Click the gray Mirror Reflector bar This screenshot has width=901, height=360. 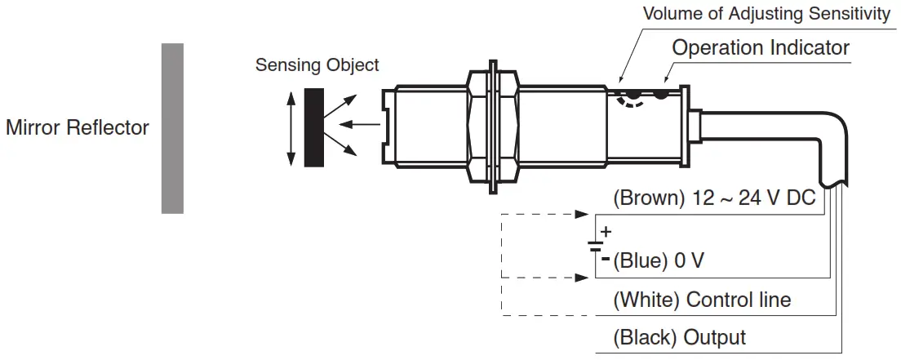(x=172, y=128)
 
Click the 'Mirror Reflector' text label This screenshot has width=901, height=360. (x=78, y=128)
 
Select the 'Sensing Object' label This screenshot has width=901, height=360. (x=317, y=65)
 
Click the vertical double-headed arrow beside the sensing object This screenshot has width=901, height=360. (x=290, y=127)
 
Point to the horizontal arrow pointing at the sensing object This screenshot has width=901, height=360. (x=359, y=125)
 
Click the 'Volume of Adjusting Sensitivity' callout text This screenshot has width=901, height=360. (x=766, y=14)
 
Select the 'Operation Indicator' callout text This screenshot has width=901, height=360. (x=761, y=47)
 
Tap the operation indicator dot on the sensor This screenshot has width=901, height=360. (x=661, y=95)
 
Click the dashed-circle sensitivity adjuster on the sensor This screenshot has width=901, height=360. (x=629, y=97)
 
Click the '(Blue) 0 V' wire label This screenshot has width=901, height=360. (x=658, y=261)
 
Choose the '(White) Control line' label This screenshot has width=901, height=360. (x=702, y=300)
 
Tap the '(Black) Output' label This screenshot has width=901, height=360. (x=679, y=337)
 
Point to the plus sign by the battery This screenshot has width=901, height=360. (x=606, y=232)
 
